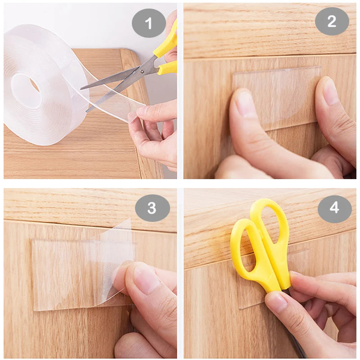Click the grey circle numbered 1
coord(148,22)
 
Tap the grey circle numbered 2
coord(332,21)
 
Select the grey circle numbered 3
coord(152,207)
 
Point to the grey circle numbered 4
coord(334,208)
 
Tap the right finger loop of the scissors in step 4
coord(270,225)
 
